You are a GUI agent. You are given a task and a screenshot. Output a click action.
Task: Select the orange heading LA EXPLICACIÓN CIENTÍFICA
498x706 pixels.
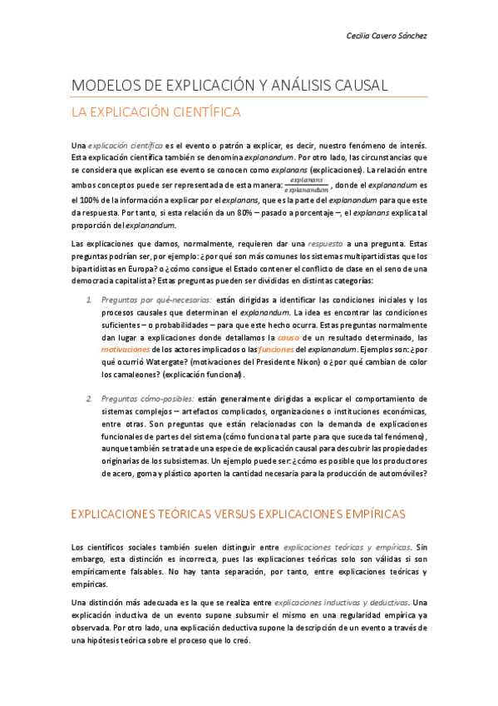point(156,111)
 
